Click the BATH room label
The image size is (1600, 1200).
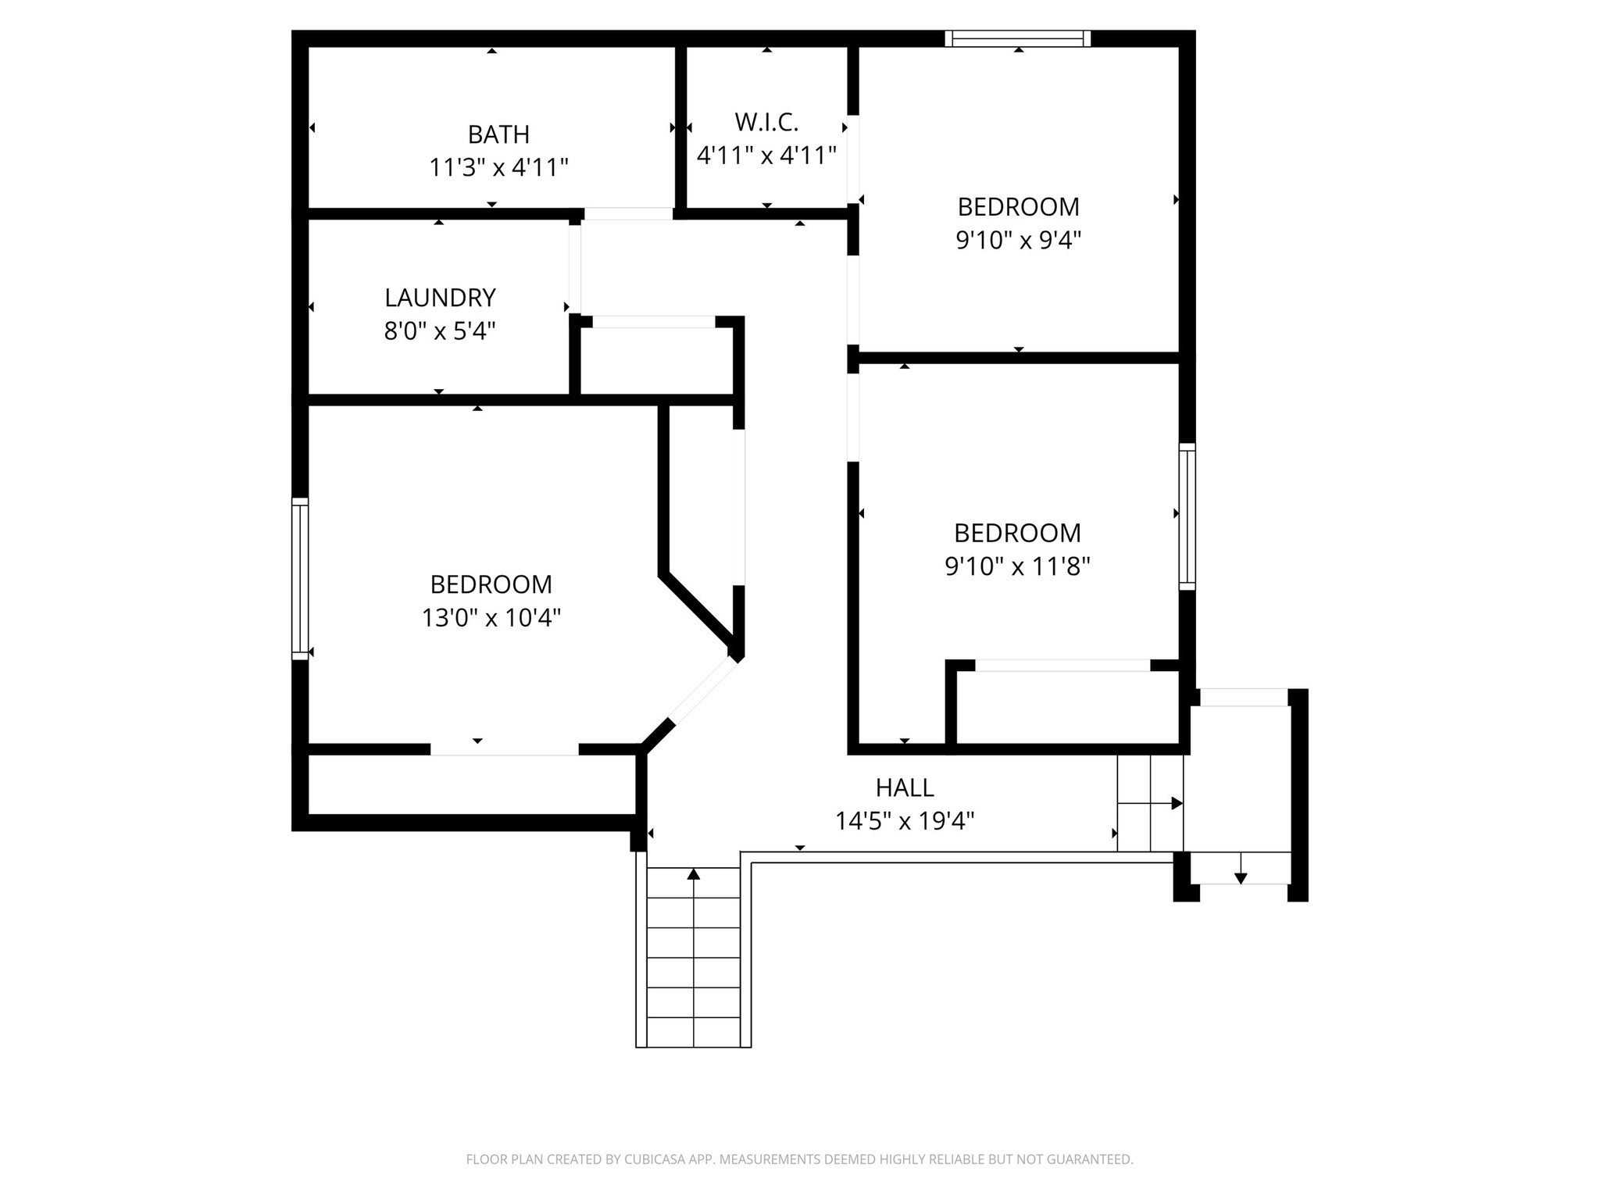498,134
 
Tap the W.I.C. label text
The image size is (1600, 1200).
766,122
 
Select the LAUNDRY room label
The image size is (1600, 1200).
440,298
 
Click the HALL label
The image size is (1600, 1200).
905,787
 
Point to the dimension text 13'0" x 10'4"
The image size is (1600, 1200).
491,618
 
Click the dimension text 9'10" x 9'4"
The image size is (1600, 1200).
1018,240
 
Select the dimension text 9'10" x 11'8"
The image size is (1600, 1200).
1017,566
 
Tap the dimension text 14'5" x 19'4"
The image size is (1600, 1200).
905,821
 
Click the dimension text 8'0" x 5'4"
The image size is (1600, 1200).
440,331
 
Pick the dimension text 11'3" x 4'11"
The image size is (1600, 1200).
498,168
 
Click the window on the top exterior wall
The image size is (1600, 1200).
1017,38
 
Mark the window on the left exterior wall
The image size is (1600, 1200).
300,578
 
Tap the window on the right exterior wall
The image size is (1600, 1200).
1187,516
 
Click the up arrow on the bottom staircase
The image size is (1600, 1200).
694,875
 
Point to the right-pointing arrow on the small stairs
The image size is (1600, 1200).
1174,803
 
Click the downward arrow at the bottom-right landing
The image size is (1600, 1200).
1241,877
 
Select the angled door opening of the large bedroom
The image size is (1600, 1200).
702,692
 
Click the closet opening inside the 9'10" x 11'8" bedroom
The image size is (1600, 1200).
1062,666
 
